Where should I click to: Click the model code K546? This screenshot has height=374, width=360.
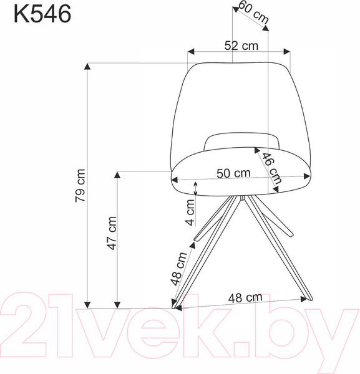click(42, 13)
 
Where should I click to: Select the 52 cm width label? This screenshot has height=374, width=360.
click(241, 46)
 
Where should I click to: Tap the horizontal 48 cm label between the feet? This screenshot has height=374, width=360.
click(245, 298)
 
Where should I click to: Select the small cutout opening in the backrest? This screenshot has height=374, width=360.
click(241, 141)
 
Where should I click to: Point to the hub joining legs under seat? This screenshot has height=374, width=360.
click(240, 198)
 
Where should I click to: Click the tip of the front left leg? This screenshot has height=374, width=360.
click(175, 305)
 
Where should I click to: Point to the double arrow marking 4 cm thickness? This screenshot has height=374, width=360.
click(197, 188)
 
